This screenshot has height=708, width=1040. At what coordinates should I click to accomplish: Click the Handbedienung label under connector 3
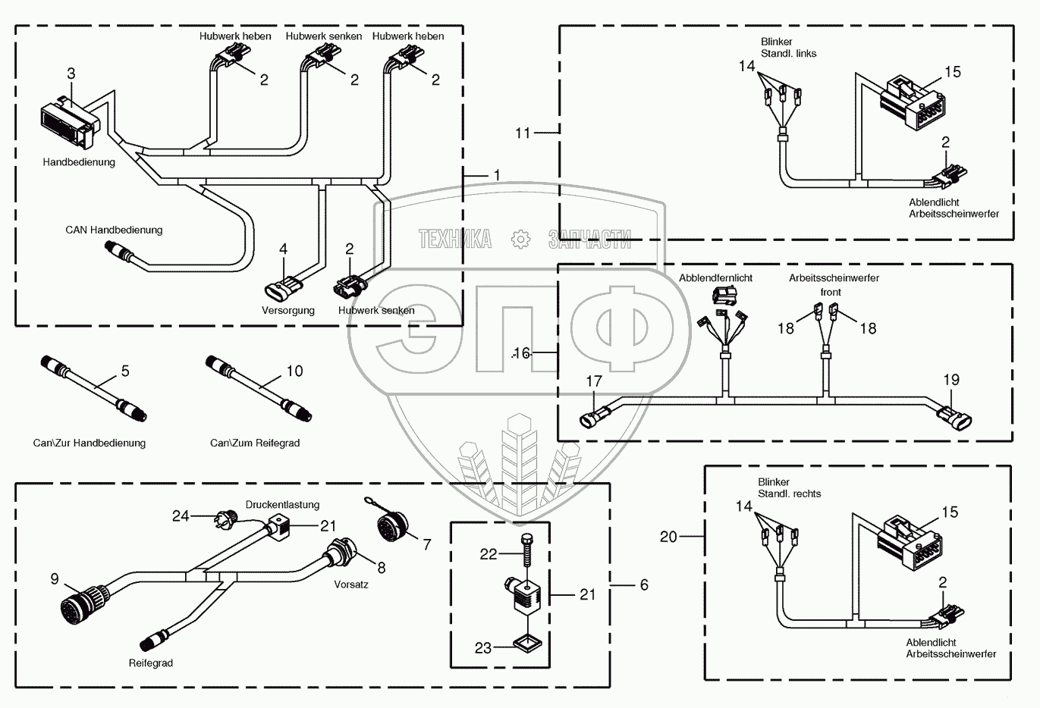click(x=79, y=162)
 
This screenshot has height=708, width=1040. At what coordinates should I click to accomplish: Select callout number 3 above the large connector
click(x=71, y=74)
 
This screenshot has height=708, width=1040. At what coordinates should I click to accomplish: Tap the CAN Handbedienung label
click(x=114, y=230)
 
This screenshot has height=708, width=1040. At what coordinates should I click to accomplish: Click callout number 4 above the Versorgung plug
click(x=283, y=249)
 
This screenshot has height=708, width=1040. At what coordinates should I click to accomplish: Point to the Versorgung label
click(x=287, y=310)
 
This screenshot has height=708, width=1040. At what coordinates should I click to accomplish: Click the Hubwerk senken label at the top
click(x=324, y=36)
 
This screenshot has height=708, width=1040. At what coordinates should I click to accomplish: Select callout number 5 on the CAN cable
click(x=125, y=371)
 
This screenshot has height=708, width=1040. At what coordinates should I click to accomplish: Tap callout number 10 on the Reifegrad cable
click(x=294, y=371)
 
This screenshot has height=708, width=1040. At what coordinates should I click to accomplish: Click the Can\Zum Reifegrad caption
click(x=255, y=443)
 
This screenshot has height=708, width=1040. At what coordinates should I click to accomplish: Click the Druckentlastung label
click(x=282, y=505)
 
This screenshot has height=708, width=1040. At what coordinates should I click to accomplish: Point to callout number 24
click(x=181, y=516)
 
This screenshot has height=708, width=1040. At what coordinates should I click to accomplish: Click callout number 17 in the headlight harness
click(x=594, y=381)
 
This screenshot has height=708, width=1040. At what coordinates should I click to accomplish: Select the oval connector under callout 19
click(x=954, y=418)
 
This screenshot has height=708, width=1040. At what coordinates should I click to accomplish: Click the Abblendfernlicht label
click(x=715, y=278)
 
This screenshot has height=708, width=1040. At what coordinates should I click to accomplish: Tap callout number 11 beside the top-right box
click(x=523, y=133)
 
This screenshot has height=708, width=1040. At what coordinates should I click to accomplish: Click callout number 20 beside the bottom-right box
click(x=668, y=537)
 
